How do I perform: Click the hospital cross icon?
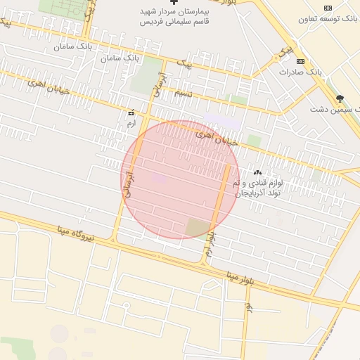coord(174,3)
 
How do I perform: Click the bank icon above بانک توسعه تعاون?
coord(328,8)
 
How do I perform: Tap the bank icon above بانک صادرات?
coord(300,61)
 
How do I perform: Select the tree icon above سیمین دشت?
coord(341,99)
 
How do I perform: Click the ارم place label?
coord(131,123)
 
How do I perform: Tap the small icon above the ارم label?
coord(131,112)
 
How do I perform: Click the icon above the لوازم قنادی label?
coord(257,172)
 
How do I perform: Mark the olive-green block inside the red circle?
coord(198,227)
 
